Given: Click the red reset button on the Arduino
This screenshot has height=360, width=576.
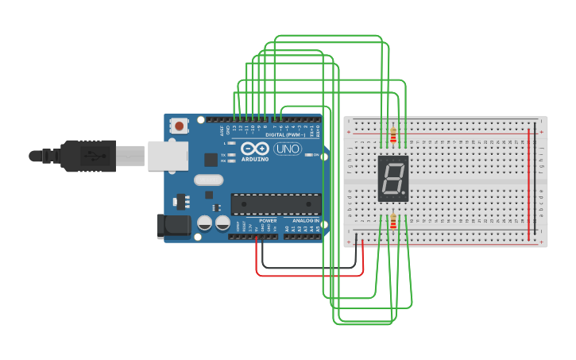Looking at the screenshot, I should (180, 126).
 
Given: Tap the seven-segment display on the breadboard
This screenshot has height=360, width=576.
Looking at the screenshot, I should (392, 178).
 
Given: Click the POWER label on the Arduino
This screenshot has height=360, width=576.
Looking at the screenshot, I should (268, 220).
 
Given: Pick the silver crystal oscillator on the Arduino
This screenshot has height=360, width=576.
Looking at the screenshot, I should (208, 180).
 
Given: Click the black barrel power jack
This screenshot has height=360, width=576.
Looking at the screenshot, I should (175, 226).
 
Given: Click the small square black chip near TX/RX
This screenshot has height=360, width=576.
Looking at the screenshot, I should (211, 159).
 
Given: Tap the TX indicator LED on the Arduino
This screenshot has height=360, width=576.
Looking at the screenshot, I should (231, 154).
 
